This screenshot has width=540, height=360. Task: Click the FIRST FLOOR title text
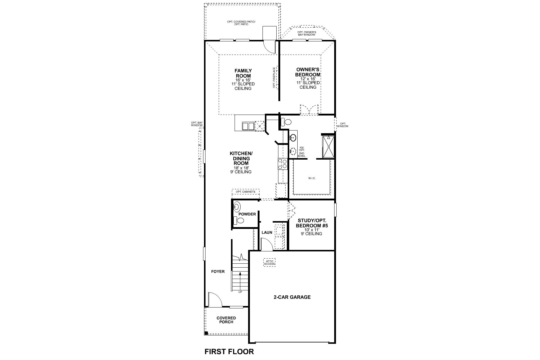tap(229, 352)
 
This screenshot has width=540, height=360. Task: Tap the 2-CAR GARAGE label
tap(292, 297)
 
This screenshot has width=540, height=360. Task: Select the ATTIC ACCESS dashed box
tap(269, 262)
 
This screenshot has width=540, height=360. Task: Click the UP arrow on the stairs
tap(240, 280)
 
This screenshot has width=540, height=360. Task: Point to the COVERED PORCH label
tap(226, 320)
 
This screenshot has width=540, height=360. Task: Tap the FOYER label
tap(218, 271)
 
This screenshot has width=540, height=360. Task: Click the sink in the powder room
tap(237, 206)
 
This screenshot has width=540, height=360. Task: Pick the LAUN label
tap(267, 232)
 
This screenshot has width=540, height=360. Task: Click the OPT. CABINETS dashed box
tap(245, 192)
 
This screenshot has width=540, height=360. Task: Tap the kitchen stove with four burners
tap(282, 164)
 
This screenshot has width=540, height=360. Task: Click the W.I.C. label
tap(312, 178)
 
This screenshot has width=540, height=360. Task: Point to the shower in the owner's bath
tap(328, 147)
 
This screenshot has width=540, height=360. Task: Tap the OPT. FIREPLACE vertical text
tap(274, 78)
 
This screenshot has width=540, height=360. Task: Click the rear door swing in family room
tap(269, 46)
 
